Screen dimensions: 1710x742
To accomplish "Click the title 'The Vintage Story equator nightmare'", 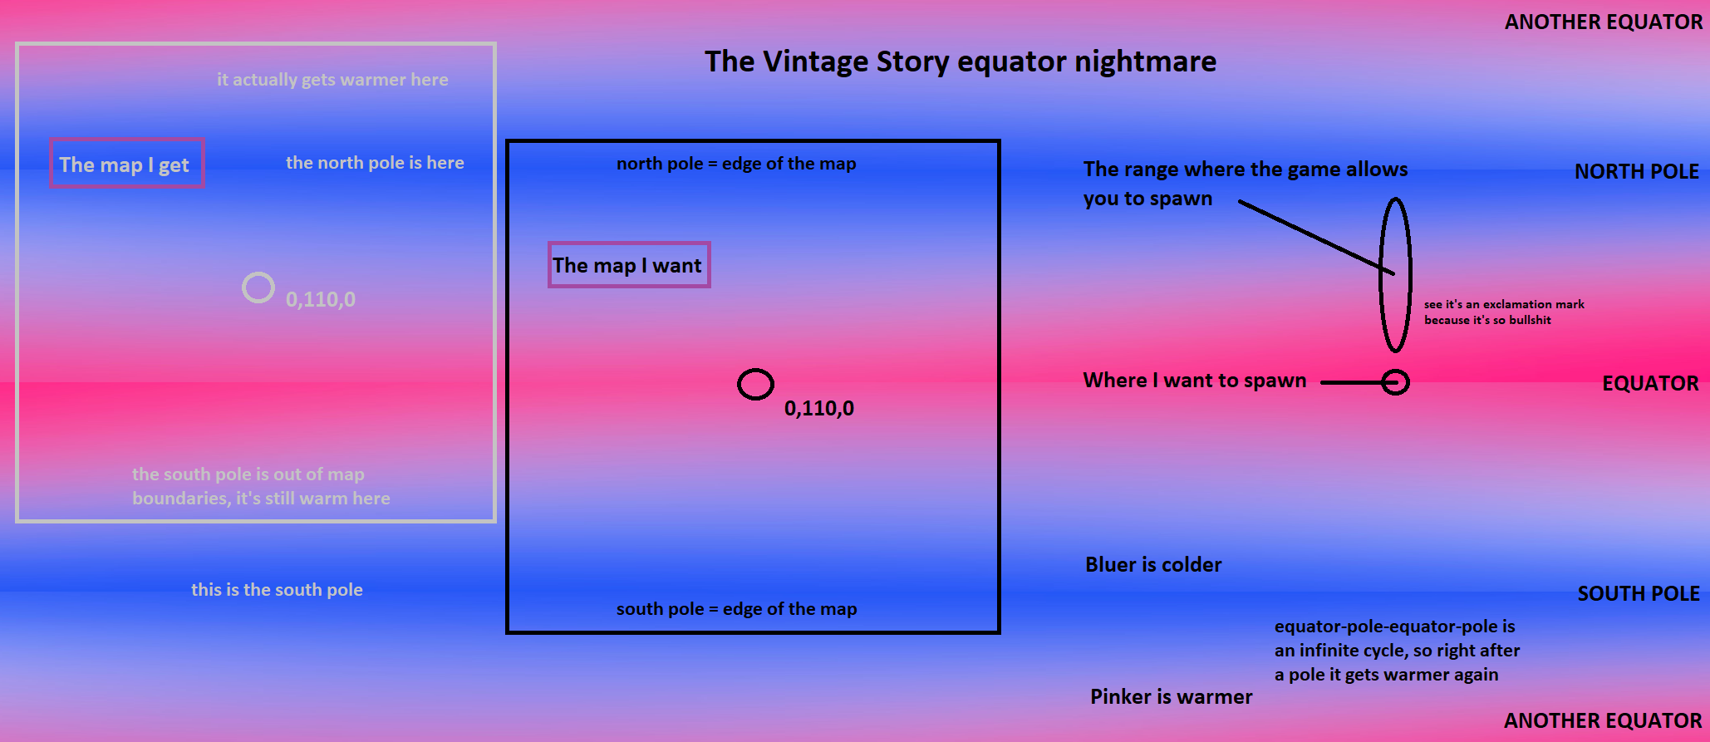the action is click(961, 61).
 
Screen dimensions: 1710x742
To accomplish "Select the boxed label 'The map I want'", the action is click(629, 265).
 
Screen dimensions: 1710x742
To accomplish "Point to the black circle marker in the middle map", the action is click(755, 370).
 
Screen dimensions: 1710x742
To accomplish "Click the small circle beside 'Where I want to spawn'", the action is click(1396, 371).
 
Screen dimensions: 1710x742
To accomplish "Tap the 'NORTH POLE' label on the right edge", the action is click(1637, 171).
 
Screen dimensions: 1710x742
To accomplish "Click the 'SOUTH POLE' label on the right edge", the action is click(1639, 593).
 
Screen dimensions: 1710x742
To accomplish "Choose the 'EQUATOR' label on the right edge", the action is click(1650, 383).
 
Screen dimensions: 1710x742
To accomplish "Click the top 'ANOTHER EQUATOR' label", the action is click(1604, 22).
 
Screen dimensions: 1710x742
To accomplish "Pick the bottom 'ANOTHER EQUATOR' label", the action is click(1603, 720).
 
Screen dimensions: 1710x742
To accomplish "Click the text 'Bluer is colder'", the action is click(1153, 565).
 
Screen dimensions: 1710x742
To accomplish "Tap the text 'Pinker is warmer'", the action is click(1171, 697).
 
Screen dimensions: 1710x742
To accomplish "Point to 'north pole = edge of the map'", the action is click(736, 164).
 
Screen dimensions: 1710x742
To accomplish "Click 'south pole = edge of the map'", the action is click(736, 609).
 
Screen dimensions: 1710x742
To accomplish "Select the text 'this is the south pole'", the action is click(277, 590).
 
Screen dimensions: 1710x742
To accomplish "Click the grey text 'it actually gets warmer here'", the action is click(332, 80).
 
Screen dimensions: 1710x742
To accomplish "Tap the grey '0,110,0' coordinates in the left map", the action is click(321, 300).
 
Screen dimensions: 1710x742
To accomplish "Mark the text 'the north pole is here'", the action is click(375, 163).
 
